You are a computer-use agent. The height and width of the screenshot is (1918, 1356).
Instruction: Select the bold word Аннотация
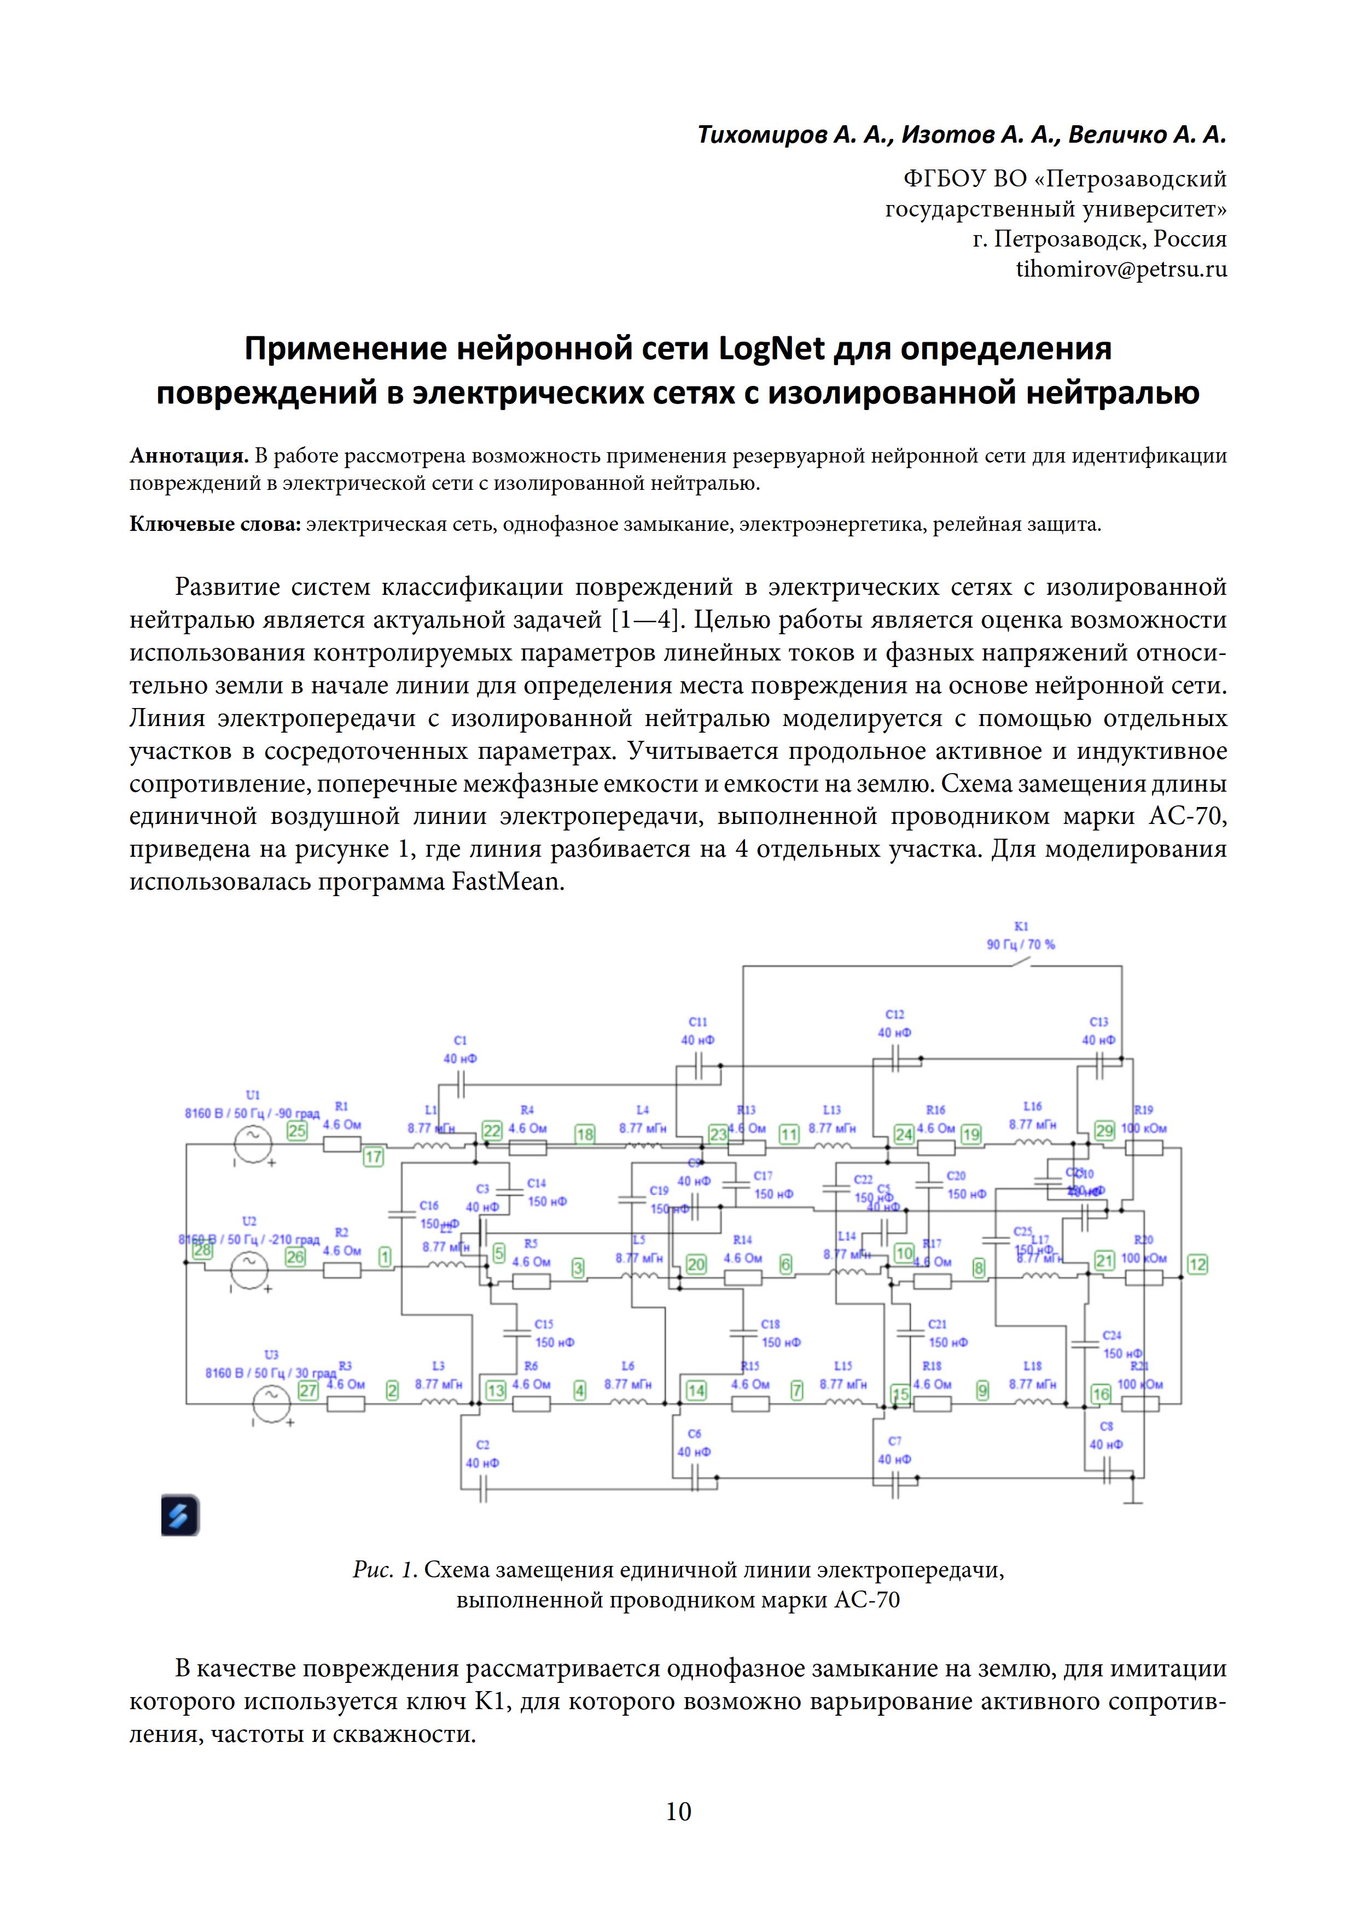coord(189,456)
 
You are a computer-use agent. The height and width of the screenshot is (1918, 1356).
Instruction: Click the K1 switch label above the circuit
coord(1021,926)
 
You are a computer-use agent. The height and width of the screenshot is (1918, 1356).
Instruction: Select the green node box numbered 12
coord(1197,1264)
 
